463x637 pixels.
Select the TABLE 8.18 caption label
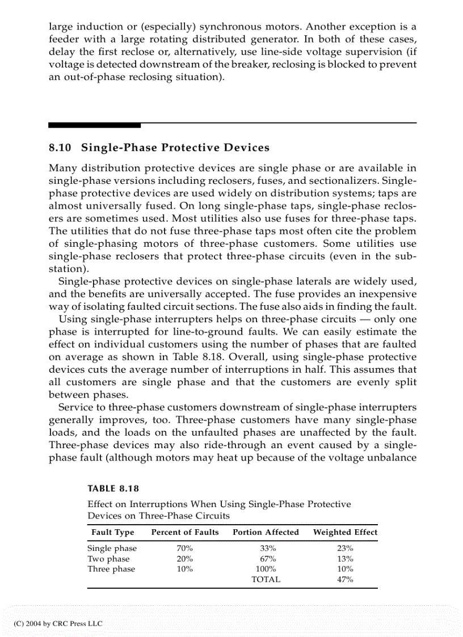[x=113, y=488]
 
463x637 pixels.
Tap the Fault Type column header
[x=113, y=532]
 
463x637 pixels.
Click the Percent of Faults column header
[x=184, y=532]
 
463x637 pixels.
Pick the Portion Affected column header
[x=266, y=532]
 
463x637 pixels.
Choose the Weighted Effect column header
[x=345, y=532]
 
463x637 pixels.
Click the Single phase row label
[x=112, y=549]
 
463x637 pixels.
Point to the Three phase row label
[x=111, y=569]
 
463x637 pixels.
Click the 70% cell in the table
[x=184, y=549]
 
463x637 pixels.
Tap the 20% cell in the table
[x=184, y=559]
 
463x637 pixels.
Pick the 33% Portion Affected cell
[x=266, y=549]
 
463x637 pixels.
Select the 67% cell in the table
[x=266, y=559]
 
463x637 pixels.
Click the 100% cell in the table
[x=266, y=569]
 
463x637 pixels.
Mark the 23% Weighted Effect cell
[x=345, y=549]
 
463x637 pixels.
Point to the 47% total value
[x=345, y=580]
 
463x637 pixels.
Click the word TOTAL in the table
[x=266, y=580]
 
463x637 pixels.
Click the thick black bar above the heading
[x=94, y=125]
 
